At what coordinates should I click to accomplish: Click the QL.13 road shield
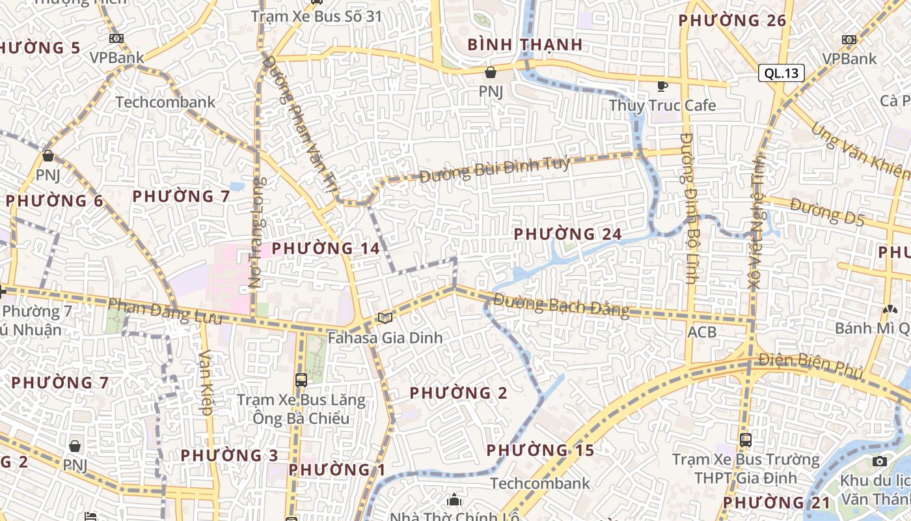pos(781,73)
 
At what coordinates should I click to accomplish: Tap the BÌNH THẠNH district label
pos(524,45)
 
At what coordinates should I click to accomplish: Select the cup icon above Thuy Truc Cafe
pos(662,85)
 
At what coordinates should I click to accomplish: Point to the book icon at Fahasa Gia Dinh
pos(385,318)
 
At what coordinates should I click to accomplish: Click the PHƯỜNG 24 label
pos(567,234)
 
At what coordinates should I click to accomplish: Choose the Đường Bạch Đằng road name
pos(561,305)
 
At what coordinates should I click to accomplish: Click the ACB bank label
pos(702,333)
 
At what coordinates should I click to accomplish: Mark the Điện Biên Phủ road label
pos(811,366)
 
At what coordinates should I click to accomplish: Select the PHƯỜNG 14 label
pos(325,248)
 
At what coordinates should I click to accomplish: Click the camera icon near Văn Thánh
pos(880,462)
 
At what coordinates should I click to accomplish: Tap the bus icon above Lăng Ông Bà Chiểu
pos(301,380)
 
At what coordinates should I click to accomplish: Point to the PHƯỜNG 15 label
pos(540,450)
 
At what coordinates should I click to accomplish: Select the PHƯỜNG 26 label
pos(732,21)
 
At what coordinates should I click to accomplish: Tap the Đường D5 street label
pos(827,213)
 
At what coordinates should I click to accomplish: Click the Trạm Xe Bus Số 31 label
pos(316,16)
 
